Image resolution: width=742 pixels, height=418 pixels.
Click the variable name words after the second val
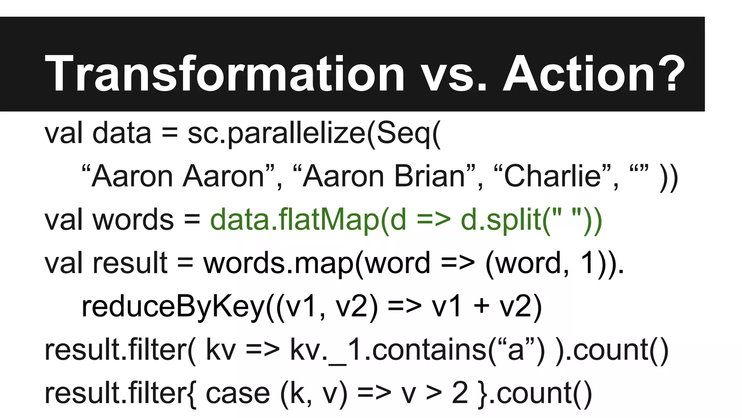pyautogui.click(x=133, y=220)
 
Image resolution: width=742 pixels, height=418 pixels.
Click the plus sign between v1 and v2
pyautogui.click(x=482, y=307)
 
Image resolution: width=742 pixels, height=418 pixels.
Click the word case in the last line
pyautogui.click(x=238, y=393)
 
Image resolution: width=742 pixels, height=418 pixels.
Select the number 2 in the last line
pyautogui.click(x=460, y=393)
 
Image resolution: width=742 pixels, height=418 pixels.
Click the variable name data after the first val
pyautogui.click(x=122, y=134)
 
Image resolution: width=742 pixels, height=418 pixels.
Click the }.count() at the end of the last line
pyautogui.click(x=535, y=393)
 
